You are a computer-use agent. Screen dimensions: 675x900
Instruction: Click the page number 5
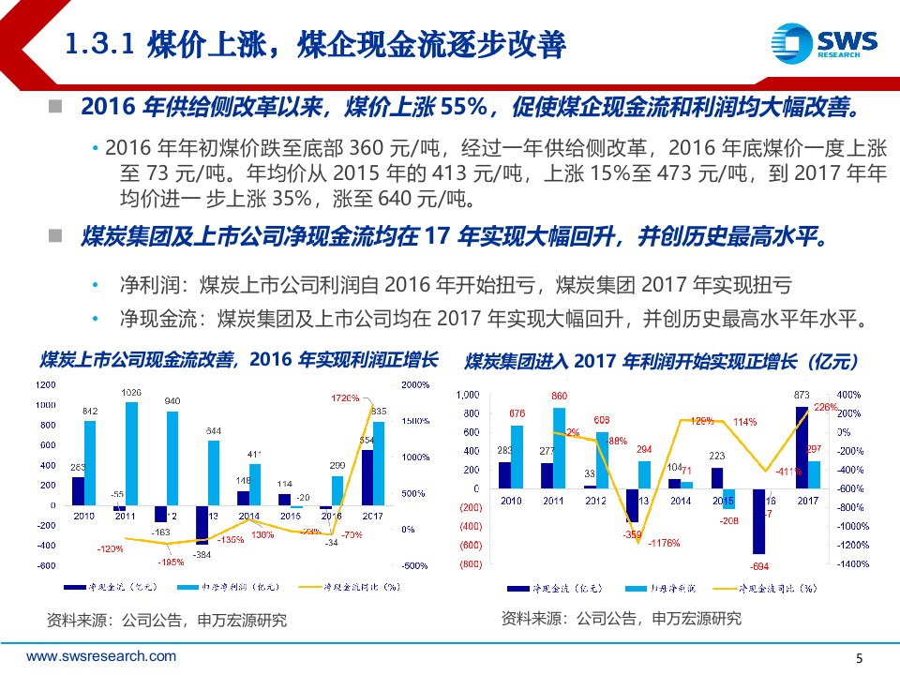[861, 657]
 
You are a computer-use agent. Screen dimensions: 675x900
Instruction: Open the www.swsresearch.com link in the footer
[100, 656]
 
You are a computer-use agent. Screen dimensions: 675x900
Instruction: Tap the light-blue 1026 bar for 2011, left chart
[131, 454]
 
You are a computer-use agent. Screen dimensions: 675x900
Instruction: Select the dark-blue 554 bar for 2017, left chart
[367, 478]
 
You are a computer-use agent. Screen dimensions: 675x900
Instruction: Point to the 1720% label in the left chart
[345, 398]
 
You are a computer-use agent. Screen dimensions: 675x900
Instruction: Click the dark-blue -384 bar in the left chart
[202, 525]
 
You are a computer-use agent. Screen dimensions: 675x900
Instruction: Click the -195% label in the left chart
[172, 562]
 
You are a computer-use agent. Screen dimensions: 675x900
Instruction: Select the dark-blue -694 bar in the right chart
[758, 521]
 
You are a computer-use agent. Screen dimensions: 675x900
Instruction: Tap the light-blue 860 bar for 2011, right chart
[560, 447]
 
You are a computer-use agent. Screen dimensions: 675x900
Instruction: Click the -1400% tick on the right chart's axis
[851, 563]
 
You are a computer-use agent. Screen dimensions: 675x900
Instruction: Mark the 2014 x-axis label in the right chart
[681, 502]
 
